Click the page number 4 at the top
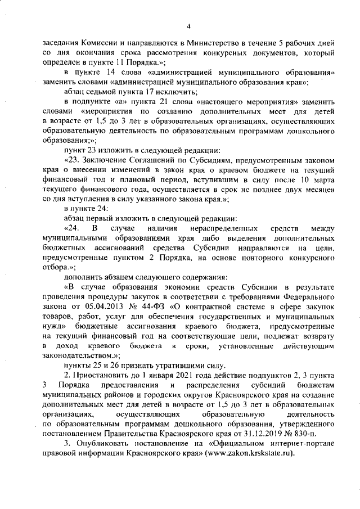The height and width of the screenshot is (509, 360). click(x=189, y=26)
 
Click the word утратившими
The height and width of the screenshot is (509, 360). click(x=172, y=365)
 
